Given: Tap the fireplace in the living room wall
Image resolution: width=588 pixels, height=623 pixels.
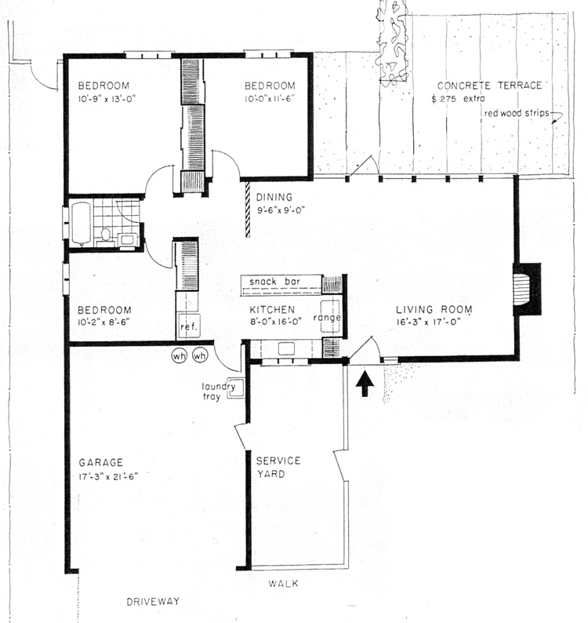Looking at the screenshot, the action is click(x=526, y=290).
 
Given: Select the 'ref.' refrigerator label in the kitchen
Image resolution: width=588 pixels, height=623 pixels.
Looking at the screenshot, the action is click(x=188, y=327).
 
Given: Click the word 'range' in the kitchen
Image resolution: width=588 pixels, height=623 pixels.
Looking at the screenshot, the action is click(x=327, y=318).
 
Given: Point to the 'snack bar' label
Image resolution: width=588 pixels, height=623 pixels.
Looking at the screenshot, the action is click(x=274, y=282).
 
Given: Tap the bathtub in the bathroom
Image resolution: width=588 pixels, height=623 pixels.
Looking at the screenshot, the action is click(x=82, y=223).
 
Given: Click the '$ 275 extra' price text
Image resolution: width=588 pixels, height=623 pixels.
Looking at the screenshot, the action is click(x=458, y=99).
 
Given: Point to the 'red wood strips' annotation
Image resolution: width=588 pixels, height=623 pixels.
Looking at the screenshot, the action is click(x=516, y=113).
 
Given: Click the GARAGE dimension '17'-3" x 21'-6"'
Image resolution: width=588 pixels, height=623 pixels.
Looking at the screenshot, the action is click(x=108, y=476).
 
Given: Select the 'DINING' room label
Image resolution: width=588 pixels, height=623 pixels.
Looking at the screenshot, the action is click(x=274, y=197).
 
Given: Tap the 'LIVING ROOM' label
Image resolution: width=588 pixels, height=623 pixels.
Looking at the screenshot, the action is click(x=434, y=309).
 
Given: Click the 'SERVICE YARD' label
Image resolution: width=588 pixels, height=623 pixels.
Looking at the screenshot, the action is click(x=278, y=468).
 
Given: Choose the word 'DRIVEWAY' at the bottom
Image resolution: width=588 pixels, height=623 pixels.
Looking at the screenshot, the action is click(x=153, y=602).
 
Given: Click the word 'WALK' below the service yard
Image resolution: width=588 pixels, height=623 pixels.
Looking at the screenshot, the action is click(x=284, y=584).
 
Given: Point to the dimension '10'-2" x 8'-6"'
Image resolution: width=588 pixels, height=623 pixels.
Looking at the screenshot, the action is click(x=103, y=322).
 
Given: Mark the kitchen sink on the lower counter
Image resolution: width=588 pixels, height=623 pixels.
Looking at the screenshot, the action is click(x=286, y=348).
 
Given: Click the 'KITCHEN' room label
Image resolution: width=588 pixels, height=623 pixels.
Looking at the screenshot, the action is click(x=272, y=309).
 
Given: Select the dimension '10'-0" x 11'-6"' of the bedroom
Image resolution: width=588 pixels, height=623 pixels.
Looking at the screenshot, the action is click(x=270, y=99).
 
